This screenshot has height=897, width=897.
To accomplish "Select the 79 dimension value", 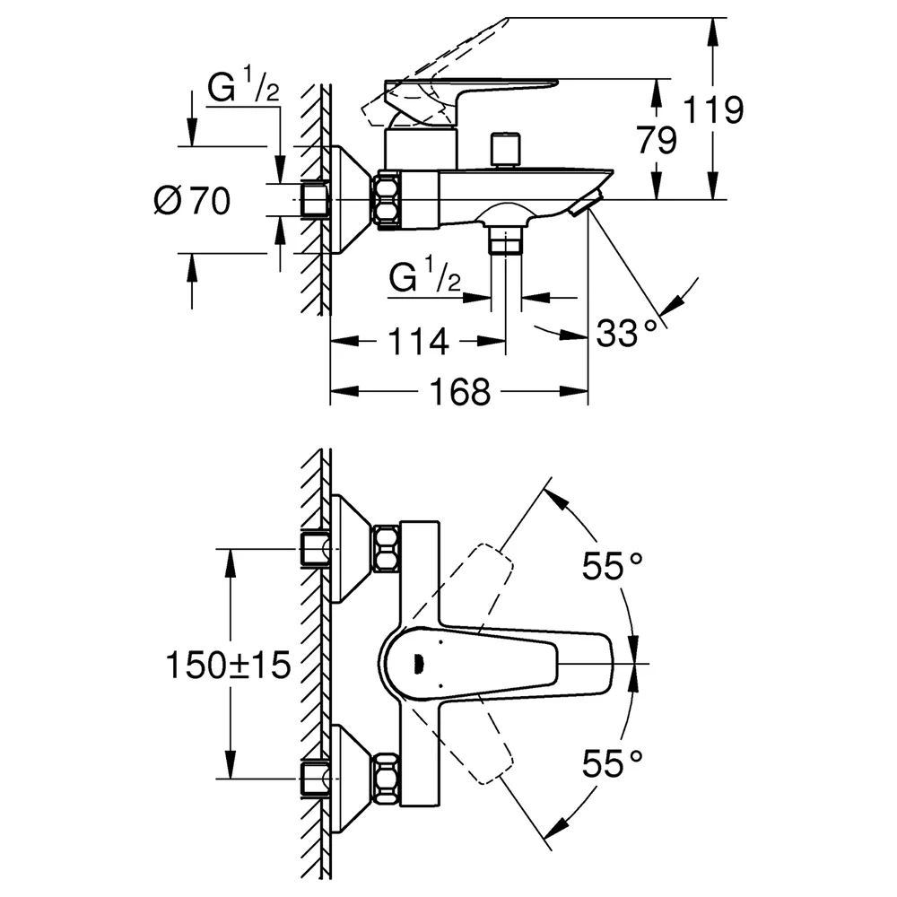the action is point(657,140).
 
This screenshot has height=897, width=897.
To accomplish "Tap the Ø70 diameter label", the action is point(192,201).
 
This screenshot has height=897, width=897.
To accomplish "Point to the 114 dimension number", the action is point(418,342).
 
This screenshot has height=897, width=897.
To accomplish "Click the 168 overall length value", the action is point(460,392).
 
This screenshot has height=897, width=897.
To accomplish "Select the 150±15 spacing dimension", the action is point(228,665).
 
